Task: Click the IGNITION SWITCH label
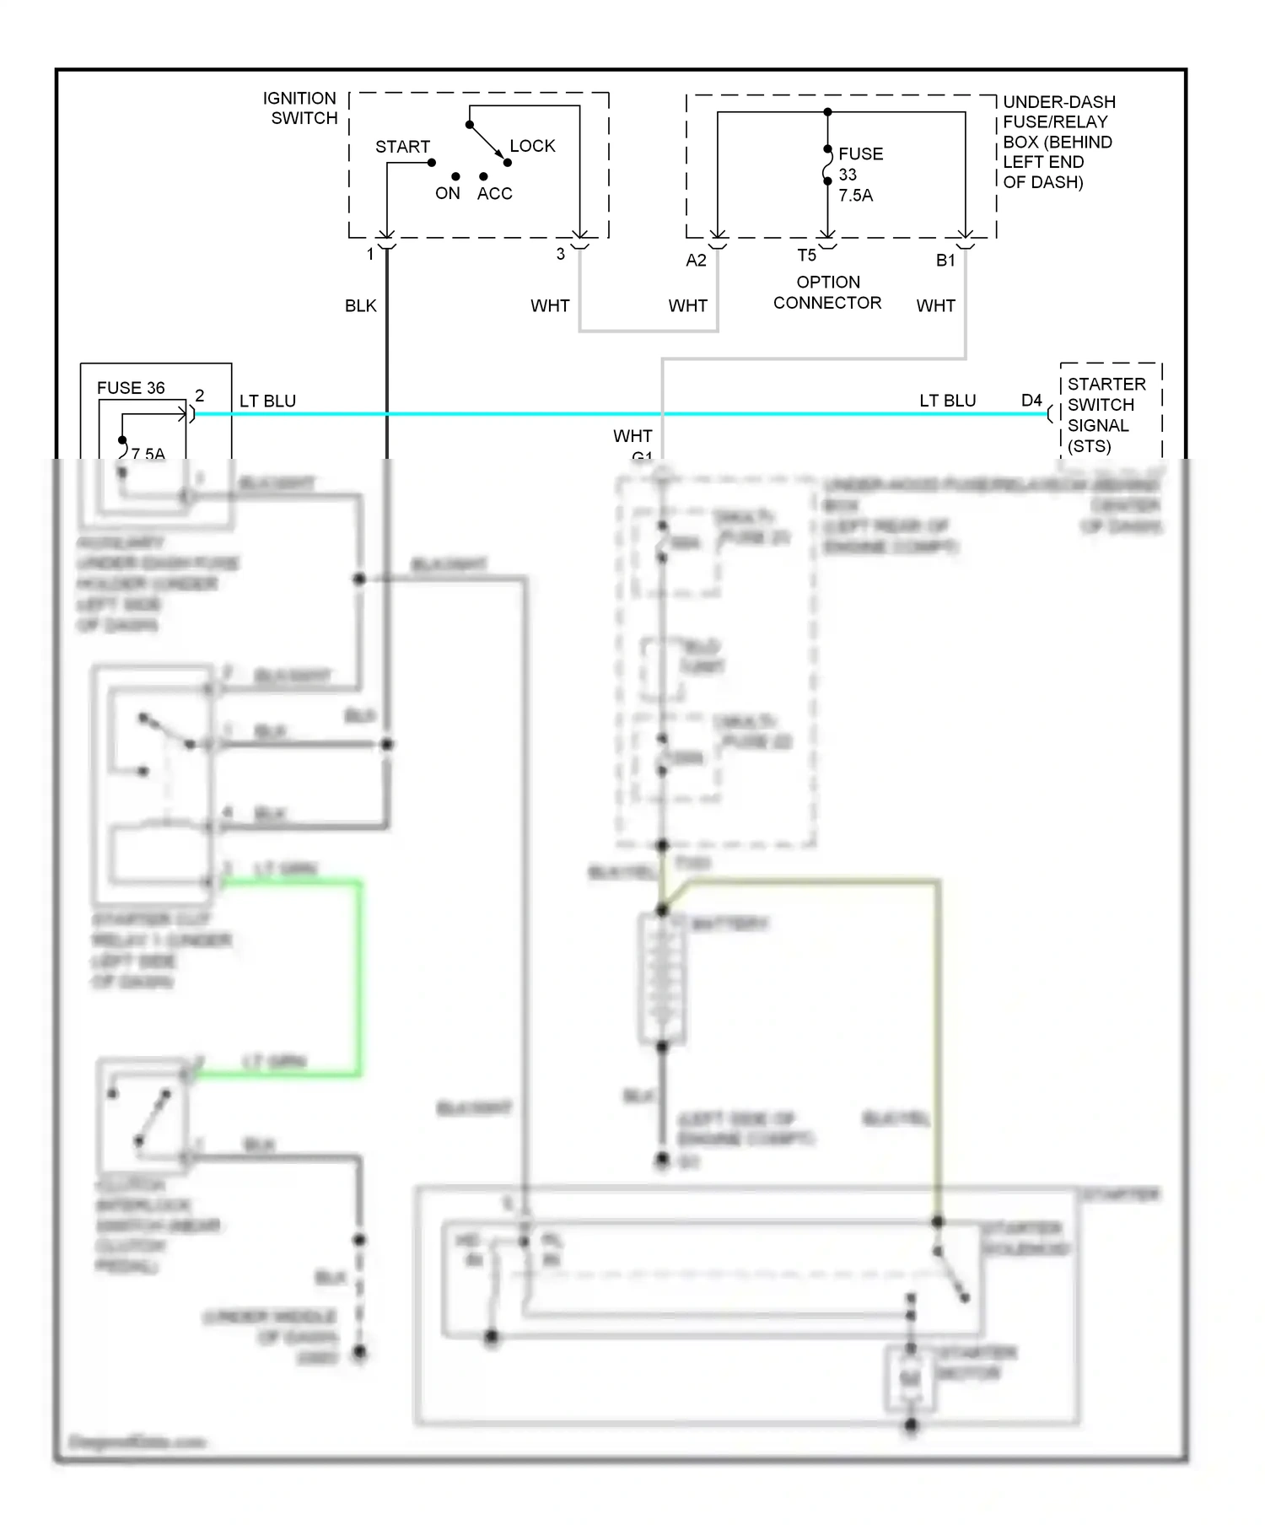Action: tap(300, 108)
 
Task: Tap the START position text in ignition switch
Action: tap(402, 147)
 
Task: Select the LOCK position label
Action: tap(532, 146)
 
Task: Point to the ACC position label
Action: tap(494, 194)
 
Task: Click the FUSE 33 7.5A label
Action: tap(859, 175)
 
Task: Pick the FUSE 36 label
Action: tap(131, 388)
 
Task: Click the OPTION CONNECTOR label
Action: tap(827, 293)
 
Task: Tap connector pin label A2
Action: tap(696, 261)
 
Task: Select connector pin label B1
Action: tap(945, 261)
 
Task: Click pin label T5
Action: tap(806, 256)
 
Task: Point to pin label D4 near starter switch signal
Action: tap(1031, 401)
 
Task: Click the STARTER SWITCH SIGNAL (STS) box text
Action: tap(1106, 415)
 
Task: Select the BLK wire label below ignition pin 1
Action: tap(360, 306)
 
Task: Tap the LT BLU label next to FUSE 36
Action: tap(267, 401)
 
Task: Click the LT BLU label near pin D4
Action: tap(947, 401)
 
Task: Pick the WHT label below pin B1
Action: tap(935, 306)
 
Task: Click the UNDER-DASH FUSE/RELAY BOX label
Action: tap(1058, 142)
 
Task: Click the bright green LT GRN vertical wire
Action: tap(360, 978)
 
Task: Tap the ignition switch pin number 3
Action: tap(561, 254)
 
